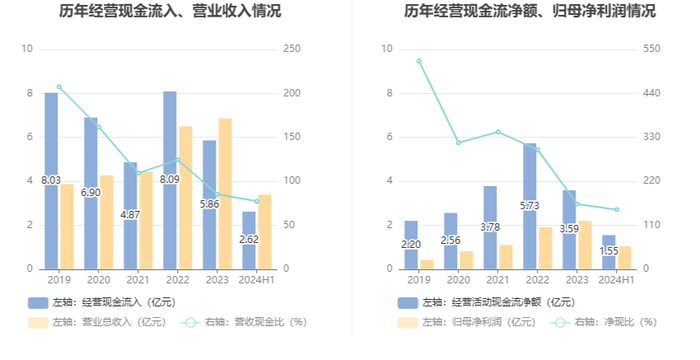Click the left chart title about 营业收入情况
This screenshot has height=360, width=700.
click(x=170, y=11)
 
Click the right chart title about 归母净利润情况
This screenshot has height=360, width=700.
click(x=530, y=11)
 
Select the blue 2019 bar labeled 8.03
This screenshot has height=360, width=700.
click(x=51, y=181)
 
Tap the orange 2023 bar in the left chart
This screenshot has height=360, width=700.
click(x=225, y=194)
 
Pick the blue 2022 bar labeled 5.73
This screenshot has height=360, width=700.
click(x=529, y=206)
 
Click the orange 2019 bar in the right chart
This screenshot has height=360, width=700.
click(x=427, y=264)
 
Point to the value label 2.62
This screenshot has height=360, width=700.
click(x=249, y=239)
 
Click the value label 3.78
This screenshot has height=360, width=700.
click(x=490, y=227)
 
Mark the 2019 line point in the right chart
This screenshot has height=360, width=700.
click(x=419, y=61)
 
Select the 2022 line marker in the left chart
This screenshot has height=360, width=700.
click(x=178, y=159)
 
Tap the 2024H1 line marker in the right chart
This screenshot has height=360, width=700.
click(x=617, y=209)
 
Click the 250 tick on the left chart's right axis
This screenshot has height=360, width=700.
click(x=292, y=49)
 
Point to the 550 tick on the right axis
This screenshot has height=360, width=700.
click(x=651, y=49)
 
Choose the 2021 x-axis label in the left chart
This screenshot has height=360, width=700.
click(x=138, y=280)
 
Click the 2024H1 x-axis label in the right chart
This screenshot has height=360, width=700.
click(x=617, y=280)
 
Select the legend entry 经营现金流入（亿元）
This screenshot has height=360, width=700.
click(x=102, y=302)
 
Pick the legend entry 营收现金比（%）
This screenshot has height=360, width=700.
click(x=244, y=322)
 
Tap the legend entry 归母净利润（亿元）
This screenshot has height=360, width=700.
click(x=467, y=322)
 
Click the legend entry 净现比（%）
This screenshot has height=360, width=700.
click(x=604, y=322)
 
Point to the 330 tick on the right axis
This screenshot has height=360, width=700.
click(x=651, y=137)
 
